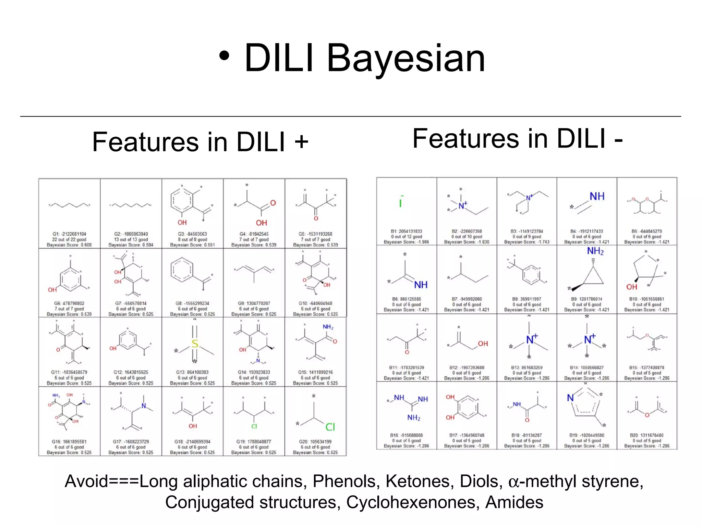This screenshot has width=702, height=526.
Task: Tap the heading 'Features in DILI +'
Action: point(200,142)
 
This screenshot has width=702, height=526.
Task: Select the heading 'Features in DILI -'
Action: point(518,138)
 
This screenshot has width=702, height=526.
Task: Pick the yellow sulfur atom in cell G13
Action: point(195,343)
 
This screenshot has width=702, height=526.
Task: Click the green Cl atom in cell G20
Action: point(330,427)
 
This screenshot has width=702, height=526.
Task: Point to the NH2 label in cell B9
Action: point(595,251)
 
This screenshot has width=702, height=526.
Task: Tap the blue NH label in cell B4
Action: point(597,196)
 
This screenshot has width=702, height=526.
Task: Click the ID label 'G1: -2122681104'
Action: point(69,234)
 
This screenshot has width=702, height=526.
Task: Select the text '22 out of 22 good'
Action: point(69,239)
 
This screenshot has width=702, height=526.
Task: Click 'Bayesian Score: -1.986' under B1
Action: point(406,242)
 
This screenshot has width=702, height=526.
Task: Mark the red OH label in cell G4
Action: point(261,223)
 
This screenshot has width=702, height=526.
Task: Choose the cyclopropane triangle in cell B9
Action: point(593,277)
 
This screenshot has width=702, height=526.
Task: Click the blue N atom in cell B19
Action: point(570,398)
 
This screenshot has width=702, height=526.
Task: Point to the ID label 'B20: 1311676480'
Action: point(646,435)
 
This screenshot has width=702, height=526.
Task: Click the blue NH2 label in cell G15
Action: point(328,327)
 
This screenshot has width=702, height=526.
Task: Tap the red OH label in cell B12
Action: point(483,343)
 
